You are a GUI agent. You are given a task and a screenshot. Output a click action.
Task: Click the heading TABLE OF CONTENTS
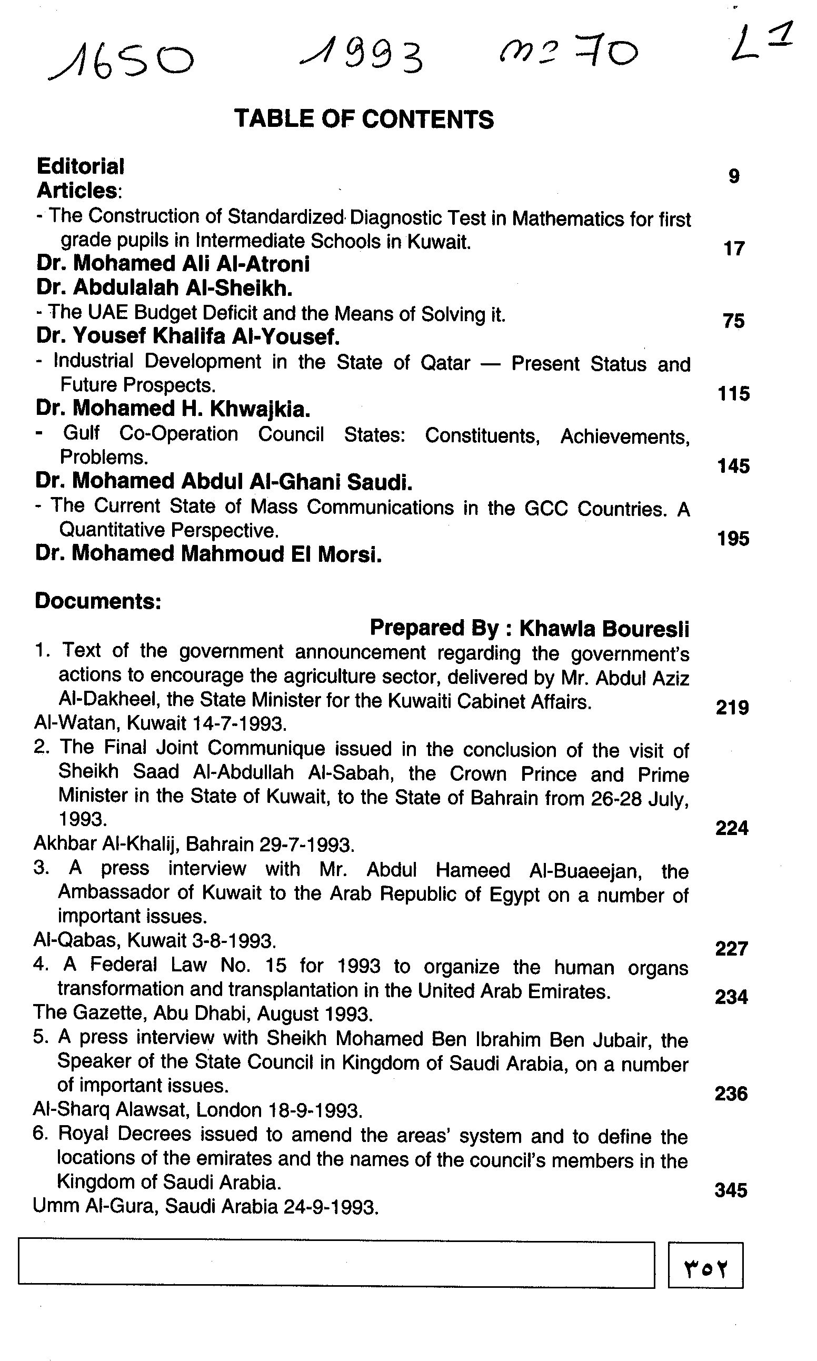(364, 120)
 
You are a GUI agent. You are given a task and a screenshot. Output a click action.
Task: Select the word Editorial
(81, 166)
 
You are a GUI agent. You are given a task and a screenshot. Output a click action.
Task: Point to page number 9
(733, 176)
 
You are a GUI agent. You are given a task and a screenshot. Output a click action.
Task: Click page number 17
(733, 249)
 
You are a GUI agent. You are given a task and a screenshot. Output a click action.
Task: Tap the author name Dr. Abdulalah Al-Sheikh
(164, 288)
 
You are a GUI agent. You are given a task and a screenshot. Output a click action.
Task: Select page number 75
(733, 321)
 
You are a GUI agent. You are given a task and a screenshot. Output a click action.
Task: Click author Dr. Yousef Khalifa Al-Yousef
(188, 336)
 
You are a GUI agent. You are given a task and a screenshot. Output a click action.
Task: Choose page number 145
(733, 466)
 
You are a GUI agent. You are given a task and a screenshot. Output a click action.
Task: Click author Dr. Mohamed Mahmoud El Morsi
(208, 554)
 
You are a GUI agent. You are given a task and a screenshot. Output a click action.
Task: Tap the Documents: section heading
(98, 601)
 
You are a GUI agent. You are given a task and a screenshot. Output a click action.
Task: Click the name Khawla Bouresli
(604, 628)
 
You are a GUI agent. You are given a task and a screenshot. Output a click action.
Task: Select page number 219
(732, 708)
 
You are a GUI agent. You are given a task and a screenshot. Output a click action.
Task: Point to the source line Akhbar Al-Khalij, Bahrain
(194, 845)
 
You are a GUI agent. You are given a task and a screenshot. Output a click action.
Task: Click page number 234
(731, 997)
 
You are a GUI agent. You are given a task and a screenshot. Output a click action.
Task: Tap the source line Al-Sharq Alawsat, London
(197, 1110)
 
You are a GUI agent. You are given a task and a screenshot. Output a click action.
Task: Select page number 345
(731, 1191)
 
